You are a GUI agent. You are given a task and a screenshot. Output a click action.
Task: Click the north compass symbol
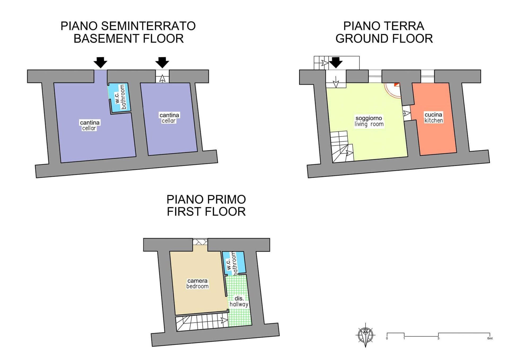[366, 335]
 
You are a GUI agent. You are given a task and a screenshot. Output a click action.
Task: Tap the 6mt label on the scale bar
[490, 338]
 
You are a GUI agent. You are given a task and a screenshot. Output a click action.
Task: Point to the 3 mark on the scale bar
[438, 338]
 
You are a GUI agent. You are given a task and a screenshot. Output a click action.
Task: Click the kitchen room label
[433, 118]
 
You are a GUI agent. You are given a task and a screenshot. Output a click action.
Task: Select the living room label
[369, 121]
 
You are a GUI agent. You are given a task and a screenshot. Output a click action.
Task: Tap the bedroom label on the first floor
[197, 283]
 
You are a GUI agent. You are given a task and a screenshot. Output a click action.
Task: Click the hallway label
[239, 301]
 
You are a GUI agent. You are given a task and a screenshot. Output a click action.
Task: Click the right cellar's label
[169, 118]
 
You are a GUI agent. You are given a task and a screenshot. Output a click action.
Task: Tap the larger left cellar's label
[89, 125]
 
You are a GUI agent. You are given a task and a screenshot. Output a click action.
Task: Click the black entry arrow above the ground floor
[336, 63]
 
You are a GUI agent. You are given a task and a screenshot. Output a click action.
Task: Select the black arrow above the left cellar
[100, 63]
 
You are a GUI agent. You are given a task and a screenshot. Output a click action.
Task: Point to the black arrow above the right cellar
[162, 63]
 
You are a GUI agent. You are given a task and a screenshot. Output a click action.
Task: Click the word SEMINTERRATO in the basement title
[148, 26]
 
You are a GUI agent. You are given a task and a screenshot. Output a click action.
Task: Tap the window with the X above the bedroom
[200, 242]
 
